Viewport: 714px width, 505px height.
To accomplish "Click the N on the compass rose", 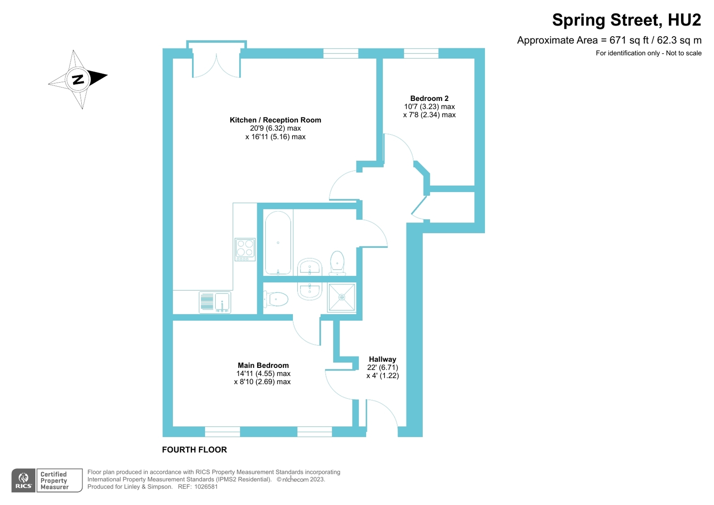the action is (78, 79).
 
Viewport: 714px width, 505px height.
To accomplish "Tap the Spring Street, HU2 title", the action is (626, 20).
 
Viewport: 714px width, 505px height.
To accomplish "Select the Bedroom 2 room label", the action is (429, 98).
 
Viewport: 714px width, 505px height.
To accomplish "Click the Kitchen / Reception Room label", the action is (276, 120).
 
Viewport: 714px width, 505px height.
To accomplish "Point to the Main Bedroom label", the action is (263, 365).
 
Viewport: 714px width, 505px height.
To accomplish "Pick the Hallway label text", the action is (383, 359).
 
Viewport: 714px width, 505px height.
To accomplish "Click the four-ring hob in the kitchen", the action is (245, 249).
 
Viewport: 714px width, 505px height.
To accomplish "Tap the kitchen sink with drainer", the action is (214, 302).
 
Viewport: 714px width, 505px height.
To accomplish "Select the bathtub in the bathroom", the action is (278, 242).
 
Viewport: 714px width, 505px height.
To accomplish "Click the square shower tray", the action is (342, 297).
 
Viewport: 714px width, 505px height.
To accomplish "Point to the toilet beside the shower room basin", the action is (276, 299).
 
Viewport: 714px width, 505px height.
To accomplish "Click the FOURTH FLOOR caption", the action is (194, 450).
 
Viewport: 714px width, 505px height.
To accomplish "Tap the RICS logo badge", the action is (23, 480).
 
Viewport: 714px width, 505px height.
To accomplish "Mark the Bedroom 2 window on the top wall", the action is (421, 53).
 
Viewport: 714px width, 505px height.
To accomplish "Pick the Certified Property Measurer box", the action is (59, 480).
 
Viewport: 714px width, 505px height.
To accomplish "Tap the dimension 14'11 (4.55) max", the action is (263, 374).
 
